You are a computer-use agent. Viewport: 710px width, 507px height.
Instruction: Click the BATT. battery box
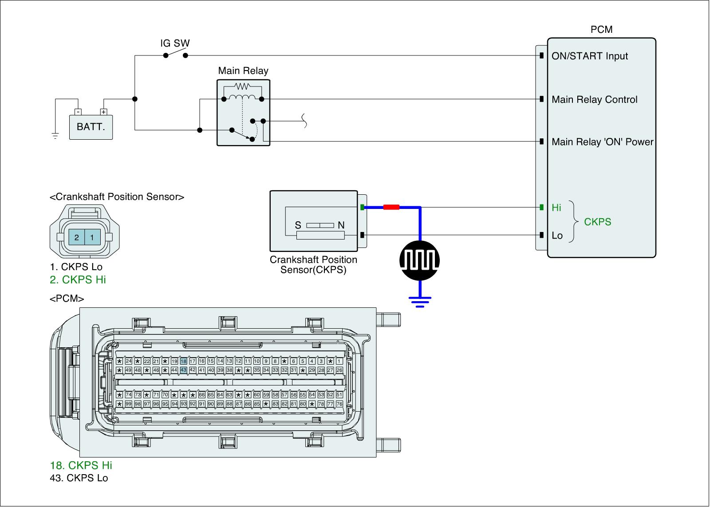pos(91,127)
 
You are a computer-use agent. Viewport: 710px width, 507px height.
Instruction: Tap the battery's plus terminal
pos(104,112)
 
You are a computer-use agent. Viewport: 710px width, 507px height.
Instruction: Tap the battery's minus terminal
pos(78,112)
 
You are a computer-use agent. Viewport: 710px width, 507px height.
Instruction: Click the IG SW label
pos(175,43)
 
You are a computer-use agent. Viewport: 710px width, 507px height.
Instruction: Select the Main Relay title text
pos(243,71)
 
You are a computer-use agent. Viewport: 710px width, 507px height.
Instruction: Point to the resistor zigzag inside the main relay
pos(242,86)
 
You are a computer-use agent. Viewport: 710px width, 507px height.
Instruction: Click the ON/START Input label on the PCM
pos(590,56)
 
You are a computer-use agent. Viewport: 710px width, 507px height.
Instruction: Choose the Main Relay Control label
pos(594,99)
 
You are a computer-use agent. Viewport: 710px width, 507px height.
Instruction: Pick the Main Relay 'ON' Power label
pos(602,141)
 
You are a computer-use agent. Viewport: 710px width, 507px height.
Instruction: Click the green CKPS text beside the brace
pos(597,222)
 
